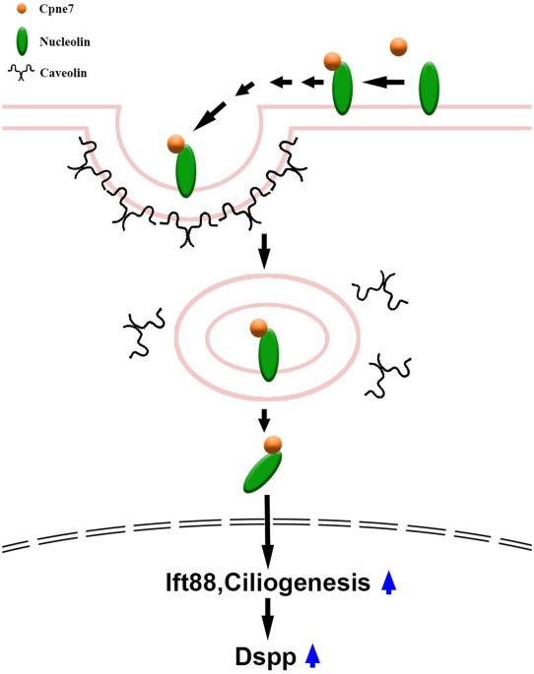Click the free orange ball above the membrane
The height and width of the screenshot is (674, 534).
399,46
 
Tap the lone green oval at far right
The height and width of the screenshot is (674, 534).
430,88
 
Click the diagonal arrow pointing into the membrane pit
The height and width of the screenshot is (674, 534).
216,118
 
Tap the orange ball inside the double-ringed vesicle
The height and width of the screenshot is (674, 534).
258,328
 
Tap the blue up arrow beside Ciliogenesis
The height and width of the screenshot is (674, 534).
389,583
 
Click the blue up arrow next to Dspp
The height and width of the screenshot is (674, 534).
313,652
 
